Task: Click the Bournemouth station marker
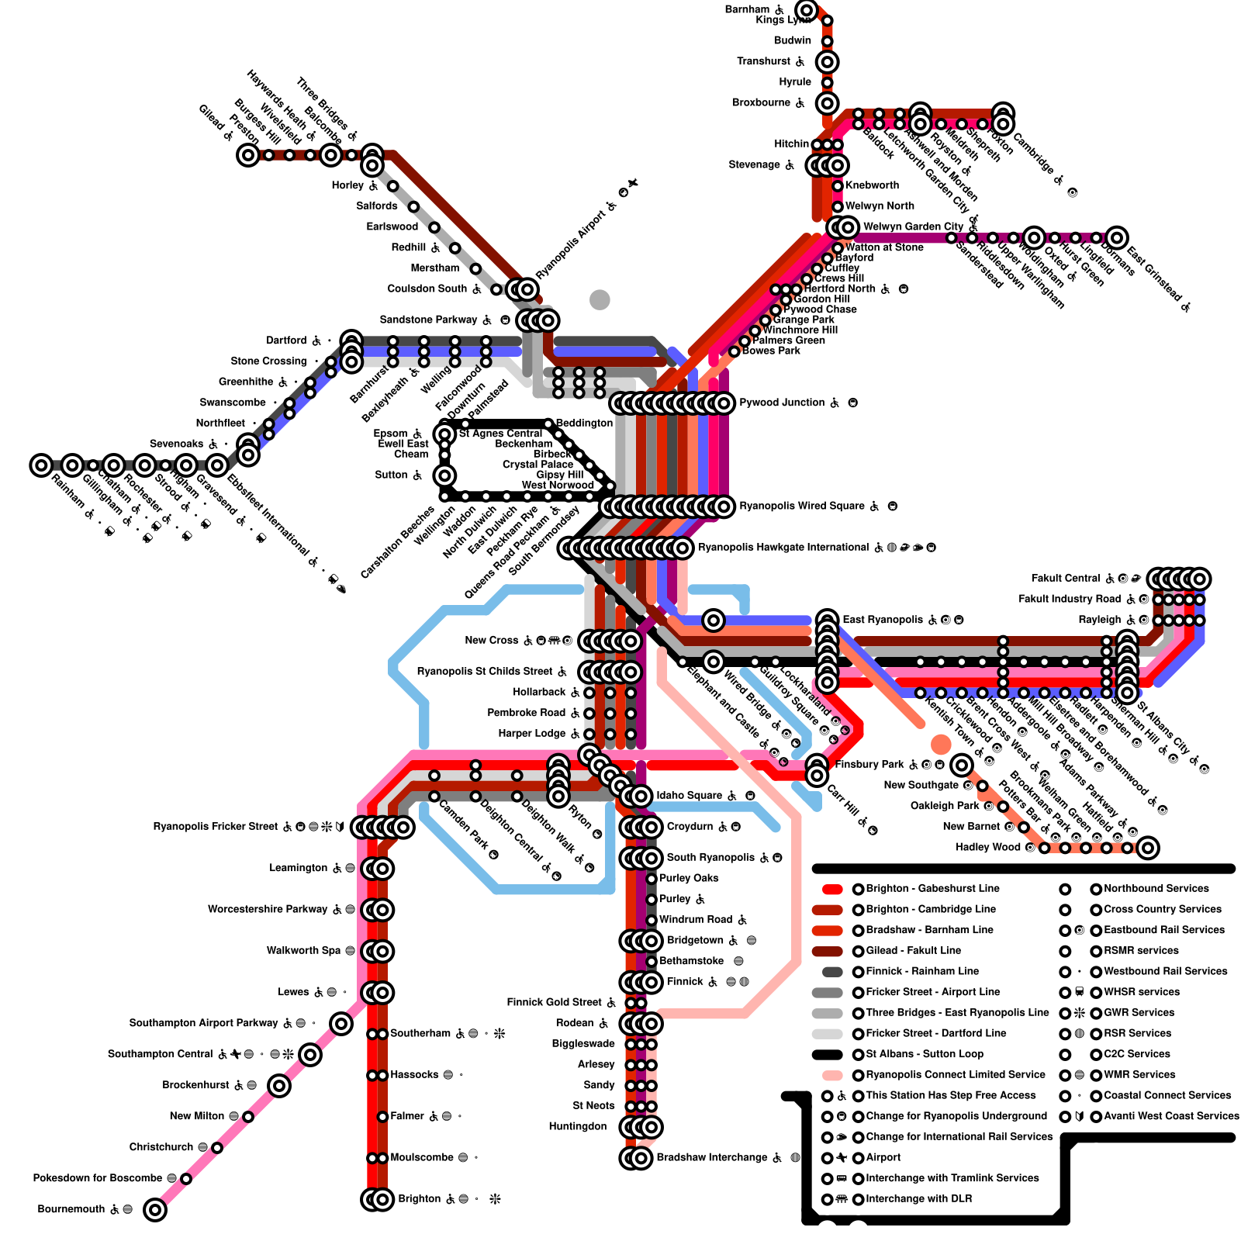[x=155, y=1209]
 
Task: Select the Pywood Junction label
[x=781, y=403]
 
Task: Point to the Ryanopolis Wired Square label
[x=801, y=506]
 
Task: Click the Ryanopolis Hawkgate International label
[x=783, y=548]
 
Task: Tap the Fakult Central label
[x=1065, y=579]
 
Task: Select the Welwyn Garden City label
[x=913, y=227]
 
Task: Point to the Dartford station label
[x=286, y=340]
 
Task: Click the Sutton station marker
[x=444, y=475]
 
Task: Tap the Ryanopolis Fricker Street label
[x=215, y=827]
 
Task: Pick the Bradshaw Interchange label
[x=711, y=1158]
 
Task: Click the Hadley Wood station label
[x=987, y=847]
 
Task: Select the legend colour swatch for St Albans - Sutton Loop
[x=827, y=1055]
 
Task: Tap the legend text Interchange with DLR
[x=918, y=1199]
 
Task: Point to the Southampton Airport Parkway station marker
[x=341, y=1024]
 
